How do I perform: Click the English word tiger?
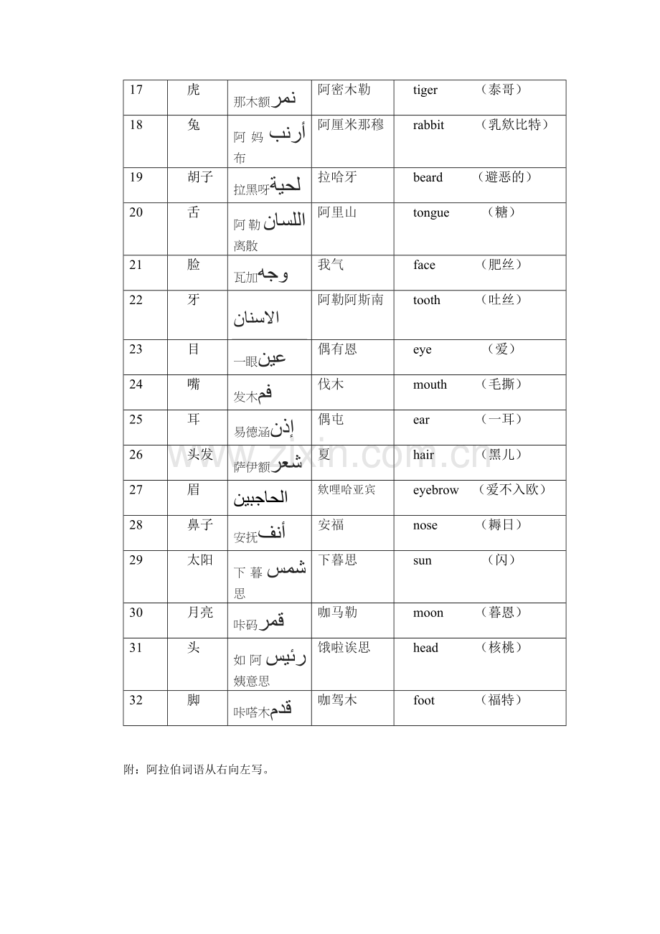[425, 90]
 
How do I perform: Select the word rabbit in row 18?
[428, 126]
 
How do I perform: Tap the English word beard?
[428, 178]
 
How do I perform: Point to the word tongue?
[431, 213]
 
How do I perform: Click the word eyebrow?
[435, 491]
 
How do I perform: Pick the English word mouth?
[430, 385]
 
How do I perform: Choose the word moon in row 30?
[428, 613]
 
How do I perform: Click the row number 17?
[136, 90]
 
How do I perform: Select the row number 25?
[136, 420]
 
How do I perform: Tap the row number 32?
[136, 700]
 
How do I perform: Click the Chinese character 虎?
[194, 90]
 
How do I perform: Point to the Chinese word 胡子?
[200, 177]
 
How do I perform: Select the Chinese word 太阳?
[200, 560]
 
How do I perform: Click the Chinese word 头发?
[200, 455]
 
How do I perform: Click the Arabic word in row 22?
[257, 319]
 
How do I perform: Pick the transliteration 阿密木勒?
[344, 90]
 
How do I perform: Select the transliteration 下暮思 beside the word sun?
[337, 560]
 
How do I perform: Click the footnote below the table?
[198, 770]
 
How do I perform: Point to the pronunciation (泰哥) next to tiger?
[501, 90]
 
